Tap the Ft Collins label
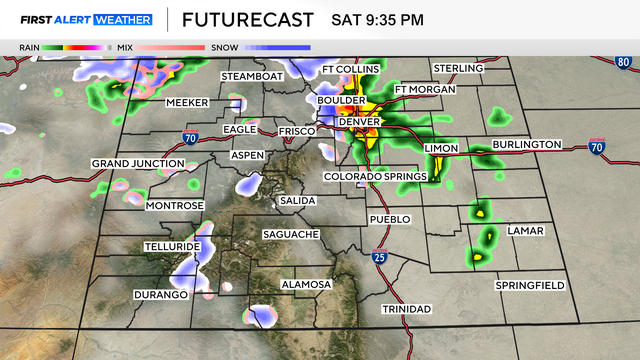tap(351, 68)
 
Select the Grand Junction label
tap(138, 163)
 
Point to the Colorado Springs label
tap(375, 177)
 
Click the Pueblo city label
tap(390, 218)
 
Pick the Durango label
tap(161, 295)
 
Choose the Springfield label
tap(530, 285)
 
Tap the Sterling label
tap(458, 68)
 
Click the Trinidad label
tap(406, 310)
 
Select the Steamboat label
tap(253, 76)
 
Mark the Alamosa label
tap(306, 285)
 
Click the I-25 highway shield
tap(379, 257)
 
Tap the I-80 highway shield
tap(623, 62)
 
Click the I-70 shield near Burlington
tap(597, 148)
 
